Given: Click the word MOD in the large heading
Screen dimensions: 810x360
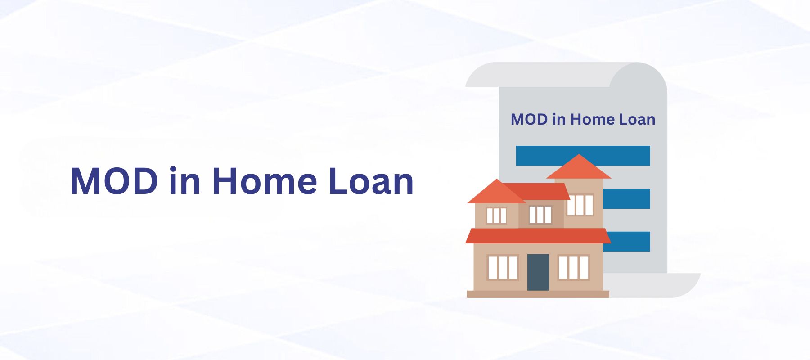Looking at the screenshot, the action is click(114, 181).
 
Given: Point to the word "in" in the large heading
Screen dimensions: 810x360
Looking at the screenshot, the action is click(185, 181).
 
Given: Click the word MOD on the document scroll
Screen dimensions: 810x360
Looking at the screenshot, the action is click(529, 119).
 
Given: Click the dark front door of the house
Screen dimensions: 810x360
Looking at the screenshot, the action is click(538, 272).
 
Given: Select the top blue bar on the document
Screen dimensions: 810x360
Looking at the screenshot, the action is click(583, 156).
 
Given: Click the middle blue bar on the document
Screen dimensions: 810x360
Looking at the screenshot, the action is click(626, 198).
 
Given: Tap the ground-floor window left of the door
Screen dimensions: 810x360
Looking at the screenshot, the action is click(503, 267).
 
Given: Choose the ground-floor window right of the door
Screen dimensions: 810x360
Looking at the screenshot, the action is click(573, 267).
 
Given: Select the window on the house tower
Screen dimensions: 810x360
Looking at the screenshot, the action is click(580, 205).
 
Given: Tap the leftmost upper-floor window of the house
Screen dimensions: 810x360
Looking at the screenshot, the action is click(497, 216).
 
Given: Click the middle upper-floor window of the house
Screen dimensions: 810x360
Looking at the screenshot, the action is click(540, 215).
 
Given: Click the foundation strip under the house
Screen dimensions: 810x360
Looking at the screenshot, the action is click(538, 294).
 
